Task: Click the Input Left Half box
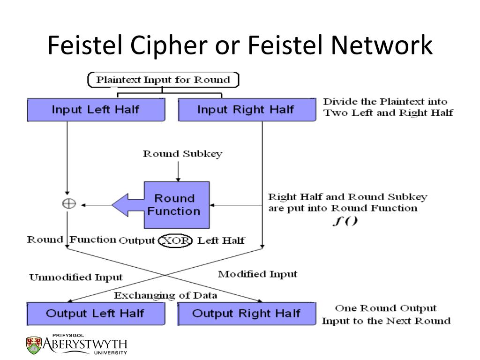[x=96, y=110]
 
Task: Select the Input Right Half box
[x=247, y=110]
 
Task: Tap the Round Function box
[x=177, y=205]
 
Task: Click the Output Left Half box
[x=96, y=314]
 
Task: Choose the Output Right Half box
[x=247, y=314]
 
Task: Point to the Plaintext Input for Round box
[x=163, y=80]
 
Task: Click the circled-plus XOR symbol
[x=69, y=203]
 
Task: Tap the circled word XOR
[x=175, y=240]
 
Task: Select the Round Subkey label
[x=183, y=154]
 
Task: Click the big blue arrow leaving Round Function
[x=128, y=205]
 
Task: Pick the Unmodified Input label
[x=76, y=277]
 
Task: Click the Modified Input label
[x=257, y=274]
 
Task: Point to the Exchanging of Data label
[x=165, y=295]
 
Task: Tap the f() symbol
[x=345, y=221]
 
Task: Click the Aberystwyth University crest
[x=34, y=345]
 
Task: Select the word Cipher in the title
[x=169, y=45]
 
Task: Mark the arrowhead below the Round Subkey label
[x=178, y=179]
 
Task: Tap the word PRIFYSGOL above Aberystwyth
[x=68, y=336]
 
